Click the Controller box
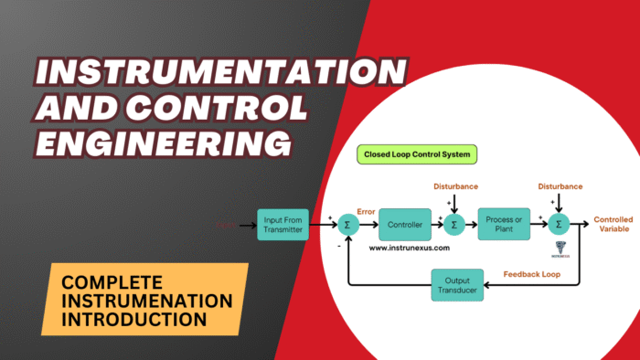[x=405, y=224]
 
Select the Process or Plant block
[x=504, y=224]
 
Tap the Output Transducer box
[x=456, y=284]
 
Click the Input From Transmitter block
[x=283, y=224]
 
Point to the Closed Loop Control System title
[x=418, y=155]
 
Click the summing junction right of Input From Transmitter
[x=348, y=225]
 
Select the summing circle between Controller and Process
[x=454, y=225]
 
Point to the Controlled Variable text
[x=613, y=225]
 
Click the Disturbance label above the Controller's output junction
[x=455, y=186]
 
